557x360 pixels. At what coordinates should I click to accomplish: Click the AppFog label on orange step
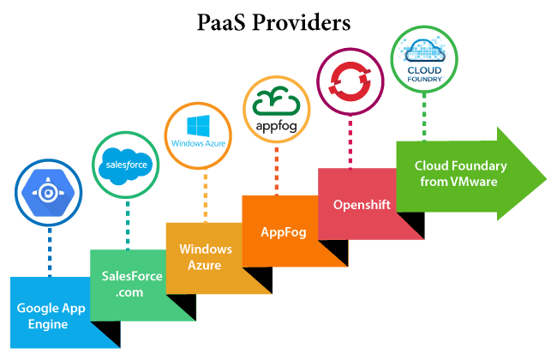click(278, 232)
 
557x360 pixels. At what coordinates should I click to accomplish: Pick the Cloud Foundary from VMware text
click(460, 173)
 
